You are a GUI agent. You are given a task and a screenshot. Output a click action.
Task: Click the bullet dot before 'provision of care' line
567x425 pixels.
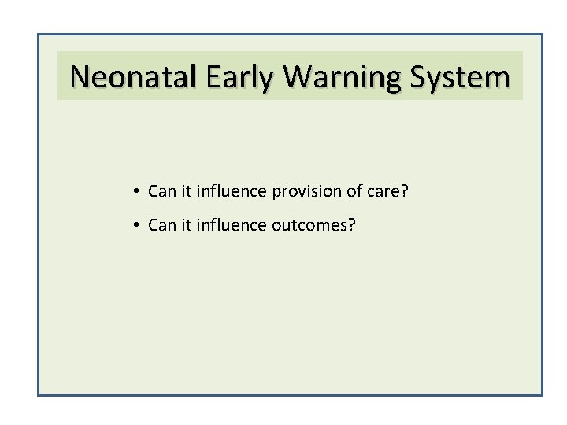click(x=136, y=191)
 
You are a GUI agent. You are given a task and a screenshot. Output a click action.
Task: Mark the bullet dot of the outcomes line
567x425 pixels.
click(x=136, y=226)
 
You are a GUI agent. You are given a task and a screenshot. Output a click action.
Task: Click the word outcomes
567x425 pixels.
click(x=309, y=226)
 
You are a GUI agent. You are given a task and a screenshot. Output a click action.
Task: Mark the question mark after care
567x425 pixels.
click(x=404, y=191)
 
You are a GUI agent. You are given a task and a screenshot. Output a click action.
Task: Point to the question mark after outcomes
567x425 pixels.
click(x=351, y=226)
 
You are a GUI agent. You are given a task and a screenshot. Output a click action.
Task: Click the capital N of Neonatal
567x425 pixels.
click(x=80, y=77)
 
